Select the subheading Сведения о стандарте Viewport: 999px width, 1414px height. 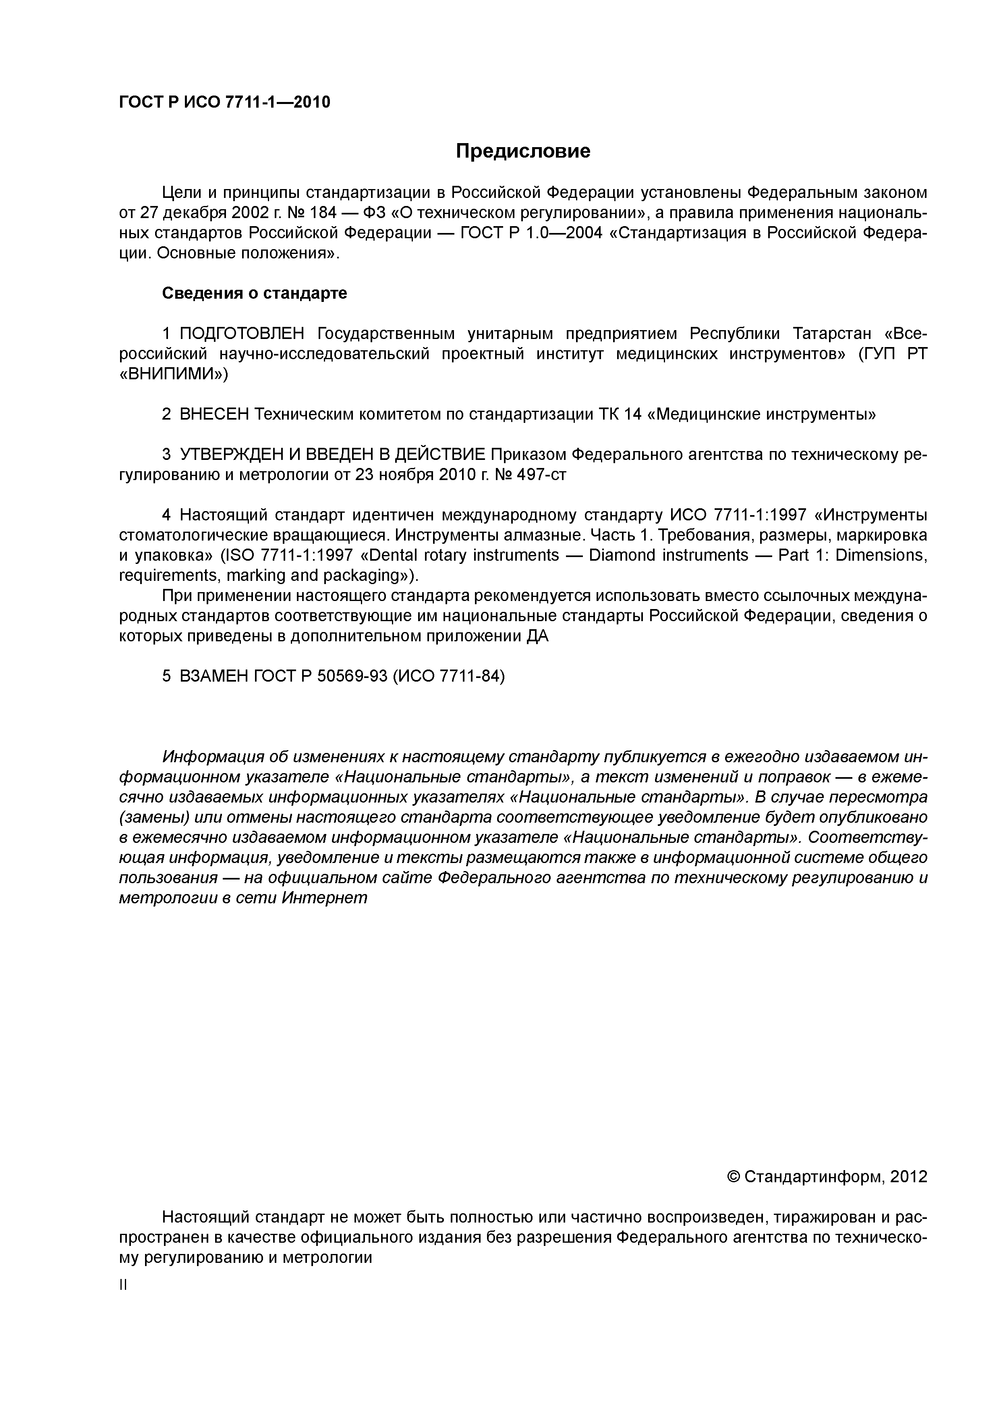pyautogui.click(x=254, y=293)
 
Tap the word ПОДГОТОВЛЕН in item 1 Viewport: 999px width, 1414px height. pyautogui.click(x=242, y=334)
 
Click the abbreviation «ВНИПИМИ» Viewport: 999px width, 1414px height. pyautogui.click(x=173, y=374)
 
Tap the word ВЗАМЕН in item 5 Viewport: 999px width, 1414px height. pyautogui.click(x=213, y=676)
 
